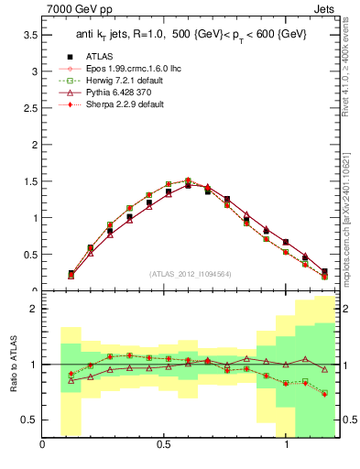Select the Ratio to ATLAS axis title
(x=15, y=365)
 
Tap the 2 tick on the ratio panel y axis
(x=33, y=310)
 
